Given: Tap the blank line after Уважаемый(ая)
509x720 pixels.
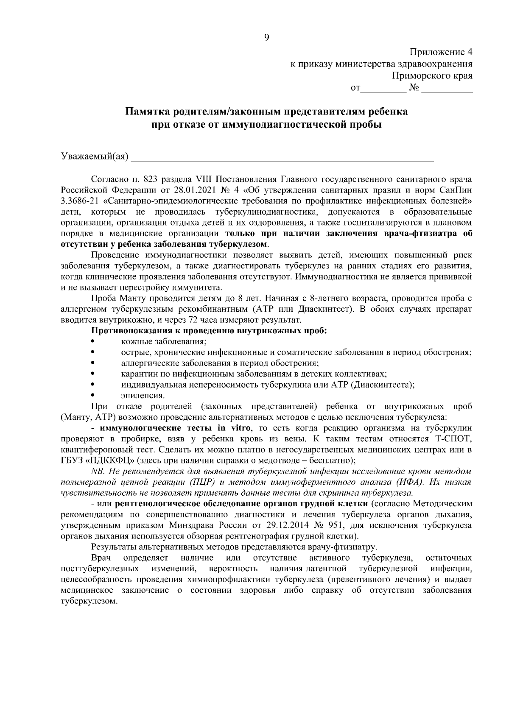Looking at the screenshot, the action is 282,158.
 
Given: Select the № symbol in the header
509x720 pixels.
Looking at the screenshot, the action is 414,88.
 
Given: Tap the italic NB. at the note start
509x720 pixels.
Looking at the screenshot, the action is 98,472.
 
